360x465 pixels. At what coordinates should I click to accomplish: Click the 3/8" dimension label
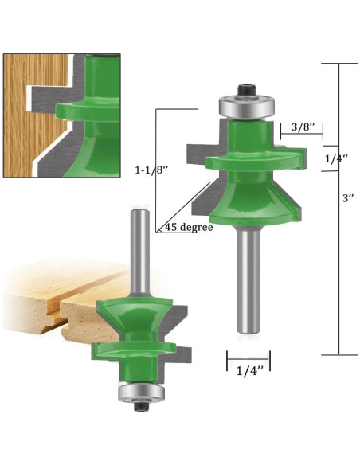[303, 127]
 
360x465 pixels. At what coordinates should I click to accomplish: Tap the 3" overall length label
[348, 197]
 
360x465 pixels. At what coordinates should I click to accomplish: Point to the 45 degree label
[189, 227]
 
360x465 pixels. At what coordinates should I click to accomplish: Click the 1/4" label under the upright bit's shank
[249, 371]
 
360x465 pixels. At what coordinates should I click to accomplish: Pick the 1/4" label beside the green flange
[336, 159]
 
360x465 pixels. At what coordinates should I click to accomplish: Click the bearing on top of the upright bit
[246, 106]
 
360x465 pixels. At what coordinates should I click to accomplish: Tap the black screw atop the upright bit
[247, 90]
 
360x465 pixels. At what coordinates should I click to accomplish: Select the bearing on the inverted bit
[141, 393]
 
